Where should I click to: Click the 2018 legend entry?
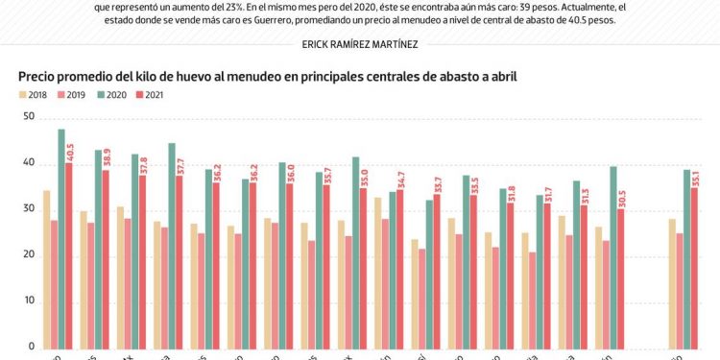36,94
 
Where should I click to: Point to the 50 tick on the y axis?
29,117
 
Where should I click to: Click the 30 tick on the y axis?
29,209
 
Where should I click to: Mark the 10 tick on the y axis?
29,301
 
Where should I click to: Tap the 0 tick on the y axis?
32,347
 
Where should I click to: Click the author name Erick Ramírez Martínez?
360,44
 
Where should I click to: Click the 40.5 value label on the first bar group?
70,152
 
